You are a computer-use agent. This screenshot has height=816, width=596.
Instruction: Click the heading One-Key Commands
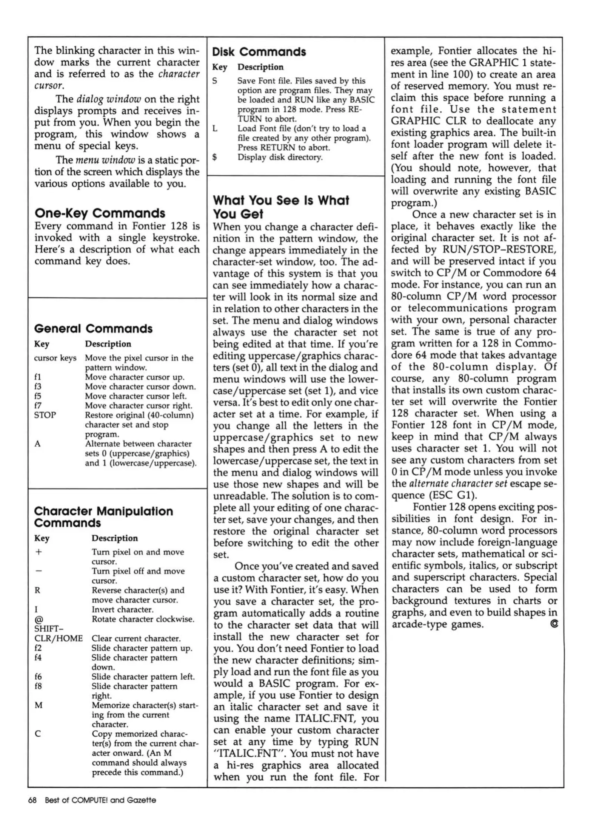100,213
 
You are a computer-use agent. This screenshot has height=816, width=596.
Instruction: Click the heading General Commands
93,329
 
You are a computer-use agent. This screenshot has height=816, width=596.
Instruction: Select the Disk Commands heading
259,52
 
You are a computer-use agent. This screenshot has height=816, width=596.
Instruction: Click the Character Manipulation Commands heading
103,517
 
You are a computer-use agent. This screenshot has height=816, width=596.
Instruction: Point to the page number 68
32,800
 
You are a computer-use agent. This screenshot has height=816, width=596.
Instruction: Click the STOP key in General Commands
45,415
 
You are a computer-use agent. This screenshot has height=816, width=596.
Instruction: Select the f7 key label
37,405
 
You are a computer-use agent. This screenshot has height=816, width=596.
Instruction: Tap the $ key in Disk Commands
214,157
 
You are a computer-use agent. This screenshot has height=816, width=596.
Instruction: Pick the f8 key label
38,686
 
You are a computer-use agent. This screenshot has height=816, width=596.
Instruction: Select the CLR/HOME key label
58,638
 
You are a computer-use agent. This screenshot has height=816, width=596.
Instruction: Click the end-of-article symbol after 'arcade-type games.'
554,624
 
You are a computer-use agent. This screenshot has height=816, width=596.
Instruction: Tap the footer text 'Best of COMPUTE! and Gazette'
100,800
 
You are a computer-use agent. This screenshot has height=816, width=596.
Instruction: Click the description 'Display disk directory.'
280,157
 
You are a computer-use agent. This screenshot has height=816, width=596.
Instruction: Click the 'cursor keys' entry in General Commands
55,358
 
